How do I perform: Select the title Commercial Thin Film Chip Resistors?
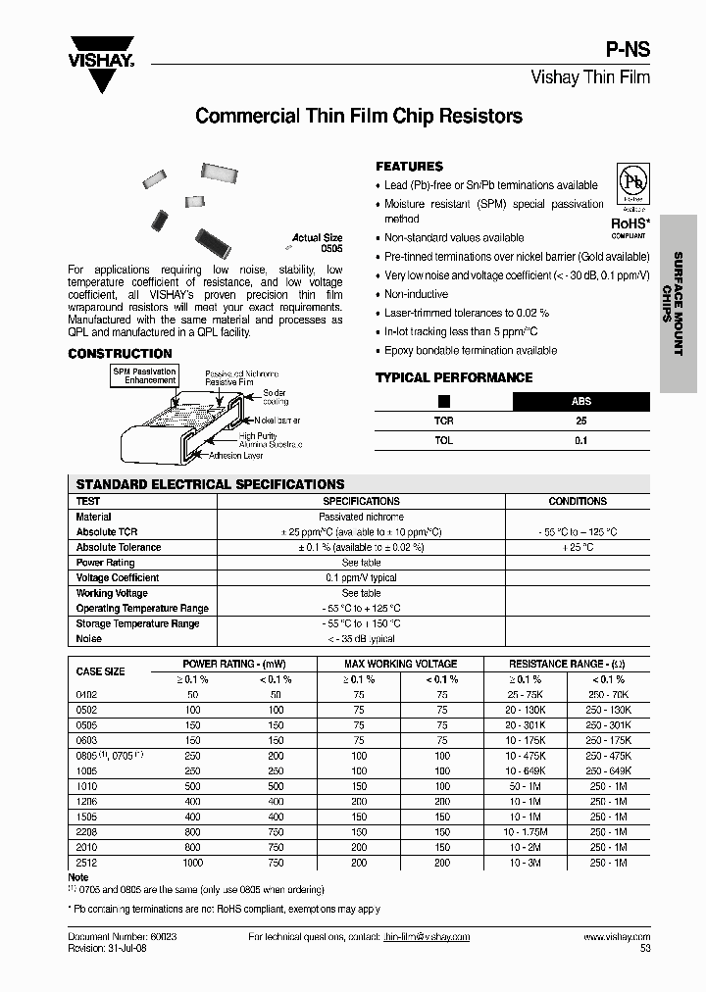pyautogui.click(x=359, y=116)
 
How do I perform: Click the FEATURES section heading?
pyautogui.click(x=409, y=167)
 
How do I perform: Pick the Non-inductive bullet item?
pyautogui.click(x=416, y=294)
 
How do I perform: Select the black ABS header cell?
pyautogui.click(x=581, y=401)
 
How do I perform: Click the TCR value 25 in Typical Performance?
pyautogui.click(x=580, y=421)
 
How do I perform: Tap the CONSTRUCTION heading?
pyautogui.click(x=120, y=354)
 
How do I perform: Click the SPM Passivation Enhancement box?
pyautogui.click(x=144, y=376)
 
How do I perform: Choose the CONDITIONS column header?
pyautogui.click(x=578, y=501)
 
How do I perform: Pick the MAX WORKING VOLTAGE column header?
pyautogui.click(x=401, y=664)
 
